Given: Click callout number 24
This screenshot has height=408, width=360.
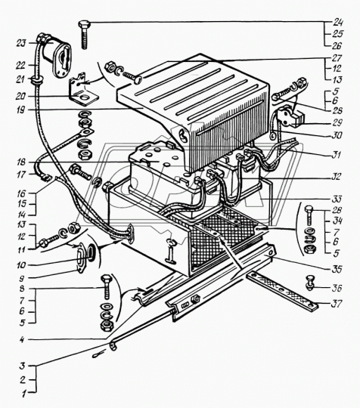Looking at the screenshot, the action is click(x=338, y=23).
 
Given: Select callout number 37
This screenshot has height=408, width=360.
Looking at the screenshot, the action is click(x=336, y=304).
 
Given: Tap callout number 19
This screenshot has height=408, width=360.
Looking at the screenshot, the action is click(x=22, y=110).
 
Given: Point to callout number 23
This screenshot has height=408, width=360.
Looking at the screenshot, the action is click(x=21, y=42).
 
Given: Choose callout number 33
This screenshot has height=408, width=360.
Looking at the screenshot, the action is click(x=337, y=199).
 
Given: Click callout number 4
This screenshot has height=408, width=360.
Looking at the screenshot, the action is click(x=22, y=339).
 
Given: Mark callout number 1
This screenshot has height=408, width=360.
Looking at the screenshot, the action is click(x=24, y=394).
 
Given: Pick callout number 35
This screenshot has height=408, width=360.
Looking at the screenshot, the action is click(x=337, y=269).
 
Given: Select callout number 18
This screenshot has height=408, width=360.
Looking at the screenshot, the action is click(x=21, y=162).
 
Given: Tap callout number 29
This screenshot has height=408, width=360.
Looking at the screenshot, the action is click(x=337, y=122).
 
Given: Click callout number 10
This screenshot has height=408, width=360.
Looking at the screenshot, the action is click(x=21, y=265).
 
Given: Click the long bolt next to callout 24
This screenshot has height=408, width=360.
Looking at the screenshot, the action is click(x=84, y=34).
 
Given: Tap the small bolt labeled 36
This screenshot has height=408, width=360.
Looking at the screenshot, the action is click(x=309, y=283).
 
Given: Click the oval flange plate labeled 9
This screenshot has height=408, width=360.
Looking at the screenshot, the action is click(x=82, y=258).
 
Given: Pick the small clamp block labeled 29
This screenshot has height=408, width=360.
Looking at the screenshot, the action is click(x=289, y=116).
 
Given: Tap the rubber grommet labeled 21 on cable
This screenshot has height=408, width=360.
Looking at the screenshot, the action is click(x=37, y=80).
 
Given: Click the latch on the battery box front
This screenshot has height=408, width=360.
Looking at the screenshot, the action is click(x=170, y=250).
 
